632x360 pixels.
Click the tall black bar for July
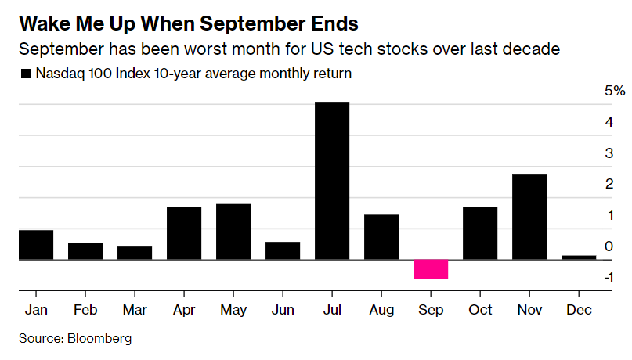click(332, 181)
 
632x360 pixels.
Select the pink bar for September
click(431, 268)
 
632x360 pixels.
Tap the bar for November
click(529, 216)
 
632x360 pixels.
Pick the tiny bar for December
click(579, 257)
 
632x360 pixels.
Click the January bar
click(36, 245)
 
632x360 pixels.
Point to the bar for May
click(233, 232)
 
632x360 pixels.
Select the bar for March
click(135, 252)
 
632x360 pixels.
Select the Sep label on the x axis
click(431, 310)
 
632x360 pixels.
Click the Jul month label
click(332, 310)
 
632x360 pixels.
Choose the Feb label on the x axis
click(85, 310)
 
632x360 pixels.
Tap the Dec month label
click(579, 310)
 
